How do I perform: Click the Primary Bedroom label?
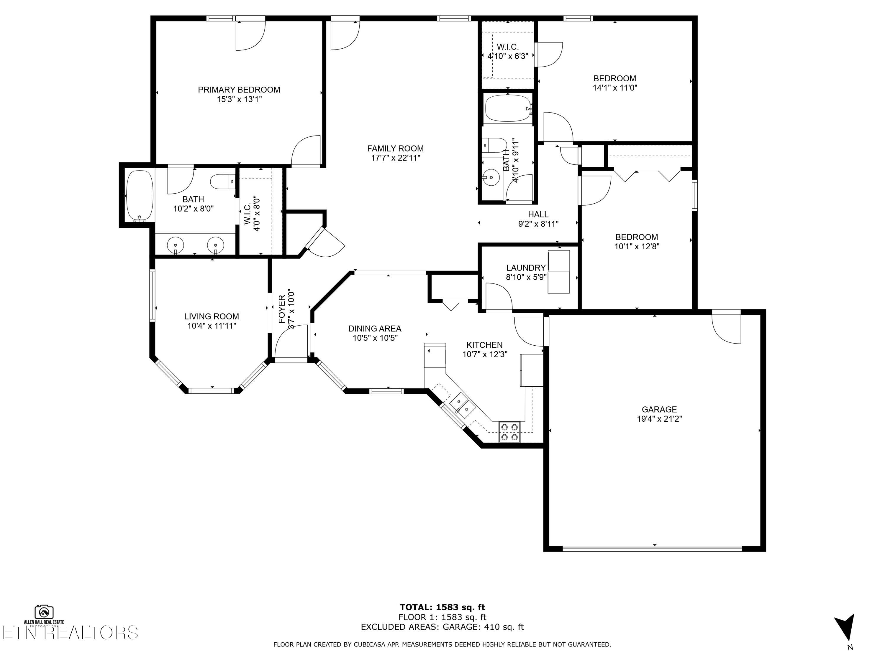(239, 90)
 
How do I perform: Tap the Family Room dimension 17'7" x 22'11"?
(395, 158)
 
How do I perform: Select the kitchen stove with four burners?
(509, 432)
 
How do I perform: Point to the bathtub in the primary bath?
(140, 195)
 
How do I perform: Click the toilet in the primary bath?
(222, 182)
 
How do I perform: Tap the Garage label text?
(659, 410)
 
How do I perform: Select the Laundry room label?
(526, 268)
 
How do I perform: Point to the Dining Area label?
(374, 329)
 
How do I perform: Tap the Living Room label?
(212, 316)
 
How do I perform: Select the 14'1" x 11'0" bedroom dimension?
(614, 88)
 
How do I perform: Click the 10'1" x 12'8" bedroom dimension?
(637, 247)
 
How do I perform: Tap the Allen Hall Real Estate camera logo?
(44, 612)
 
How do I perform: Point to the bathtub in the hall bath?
(507, 108)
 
